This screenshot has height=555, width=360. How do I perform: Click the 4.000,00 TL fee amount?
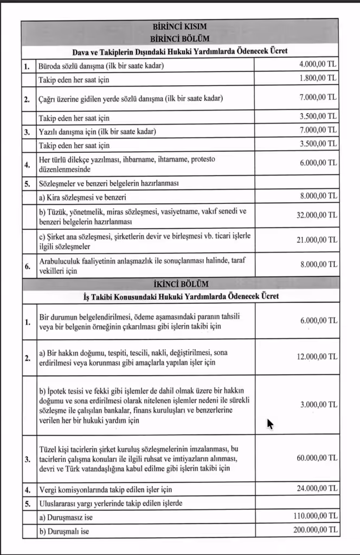(x=318, y=64)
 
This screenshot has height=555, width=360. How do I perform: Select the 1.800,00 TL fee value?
(x=318, y=78)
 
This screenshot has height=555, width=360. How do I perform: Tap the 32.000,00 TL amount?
(x=313, y=215)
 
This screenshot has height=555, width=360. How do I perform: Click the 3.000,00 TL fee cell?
(x=318, y=405)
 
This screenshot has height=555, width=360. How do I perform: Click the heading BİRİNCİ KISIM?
(x=180, y=27)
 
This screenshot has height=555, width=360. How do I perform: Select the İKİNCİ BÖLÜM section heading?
(x=180, y=283)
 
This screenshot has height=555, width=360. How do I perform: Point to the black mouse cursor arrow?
(x=269, y=423)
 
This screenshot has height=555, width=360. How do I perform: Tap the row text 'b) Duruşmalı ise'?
(x=63, y=531)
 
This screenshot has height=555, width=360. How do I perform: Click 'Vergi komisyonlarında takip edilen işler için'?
(x=104, y=489)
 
